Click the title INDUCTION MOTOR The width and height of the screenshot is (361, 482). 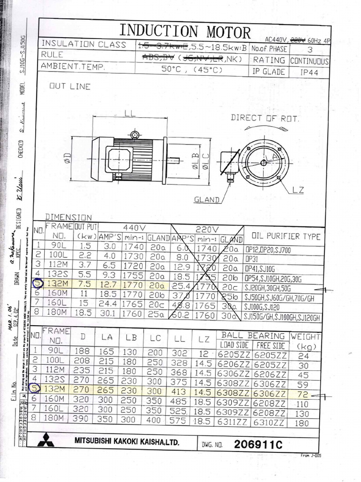[x=185, y=31]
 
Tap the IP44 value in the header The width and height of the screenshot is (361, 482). [x=309, y=72]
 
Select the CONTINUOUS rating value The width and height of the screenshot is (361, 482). [x=309, y=61]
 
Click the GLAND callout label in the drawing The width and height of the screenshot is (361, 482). [x=207, y=200]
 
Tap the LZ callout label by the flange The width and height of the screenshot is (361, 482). [x=298, y=190]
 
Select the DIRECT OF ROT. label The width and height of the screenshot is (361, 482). [x=265, y=119]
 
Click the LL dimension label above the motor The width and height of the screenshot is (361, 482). [x=130, y=113]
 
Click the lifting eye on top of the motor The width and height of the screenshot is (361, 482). [x=135, y=135]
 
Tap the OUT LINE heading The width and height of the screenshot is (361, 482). [x=70, y=87]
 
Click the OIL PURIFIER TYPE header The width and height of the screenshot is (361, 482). [x=286, y=236]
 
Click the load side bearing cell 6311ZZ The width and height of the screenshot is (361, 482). [x=233, y=422]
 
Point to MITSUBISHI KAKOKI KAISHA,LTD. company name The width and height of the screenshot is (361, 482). [x=126, y=442]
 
